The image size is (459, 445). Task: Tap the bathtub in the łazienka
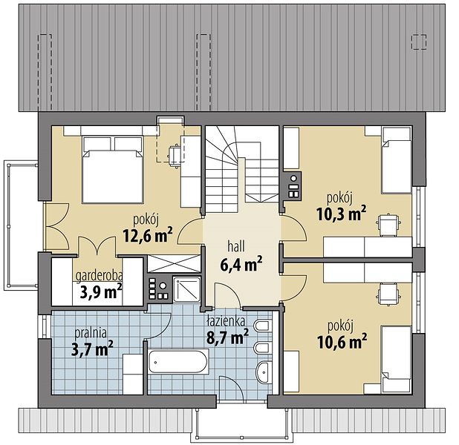point(178,362)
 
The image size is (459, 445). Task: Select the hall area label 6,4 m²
point(241,264)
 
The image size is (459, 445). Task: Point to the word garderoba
point(100,276)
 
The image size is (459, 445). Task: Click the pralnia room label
point(90,333)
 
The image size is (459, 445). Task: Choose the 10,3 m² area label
point(341,214)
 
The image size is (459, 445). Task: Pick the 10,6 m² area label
point(342,341)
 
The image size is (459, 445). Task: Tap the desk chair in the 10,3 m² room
point(388,225)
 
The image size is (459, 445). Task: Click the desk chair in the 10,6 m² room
point(388,294)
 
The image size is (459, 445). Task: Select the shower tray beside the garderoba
point(186,289)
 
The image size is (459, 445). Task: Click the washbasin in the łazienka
point(264,372)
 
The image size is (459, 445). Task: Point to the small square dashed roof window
point(419,42)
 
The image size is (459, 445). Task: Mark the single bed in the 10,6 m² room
point(397,360)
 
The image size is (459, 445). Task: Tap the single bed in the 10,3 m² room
point(397,159)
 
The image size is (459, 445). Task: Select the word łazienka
point(226,321)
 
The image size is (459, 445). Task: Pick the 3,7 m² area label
point(92,349)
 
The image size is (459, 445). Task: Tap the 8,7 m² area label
point(227,337)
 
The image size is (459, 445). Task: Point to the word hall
point(236,246)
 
